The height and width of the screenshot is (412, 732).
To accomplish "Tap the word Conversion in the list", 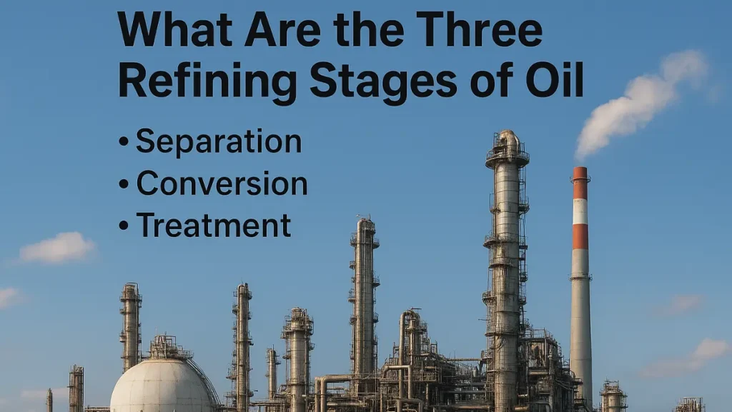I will click(222, 184).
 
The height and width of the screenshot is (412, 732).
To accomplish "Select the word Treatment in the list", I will click(213, 226).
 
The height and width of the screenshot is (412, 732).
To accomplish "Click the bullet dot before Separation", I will click(124, 142).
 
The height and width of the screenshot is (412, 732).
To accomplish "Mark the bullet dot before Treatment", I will click(124, 226).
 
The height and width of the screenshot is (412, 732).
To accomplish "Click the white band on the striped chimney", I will click(580, 211).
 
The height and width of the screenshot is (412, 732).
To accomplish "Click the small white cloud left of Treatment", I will click(57, 248).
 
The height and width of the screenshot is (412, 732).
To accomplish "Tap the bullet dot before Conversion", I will click(124, 184).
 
